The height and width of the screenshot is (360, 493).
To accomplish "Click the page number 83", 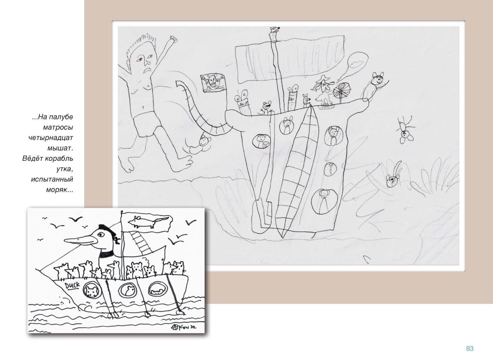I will click(470, 349).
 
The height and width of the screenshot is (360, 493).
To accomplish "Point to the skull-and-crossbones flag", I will click(213, 83).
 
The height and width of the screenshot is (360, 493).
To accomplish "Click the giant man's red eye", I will click(140, 61).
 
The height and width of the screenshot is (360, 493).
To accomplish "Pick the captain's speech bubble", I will click(355, 61).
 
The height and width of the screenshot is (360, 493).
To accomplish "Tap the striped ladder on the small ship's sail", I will click(141, 244).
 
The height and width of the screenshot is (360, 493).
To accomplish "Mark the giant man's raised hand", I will click(173, 39).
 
